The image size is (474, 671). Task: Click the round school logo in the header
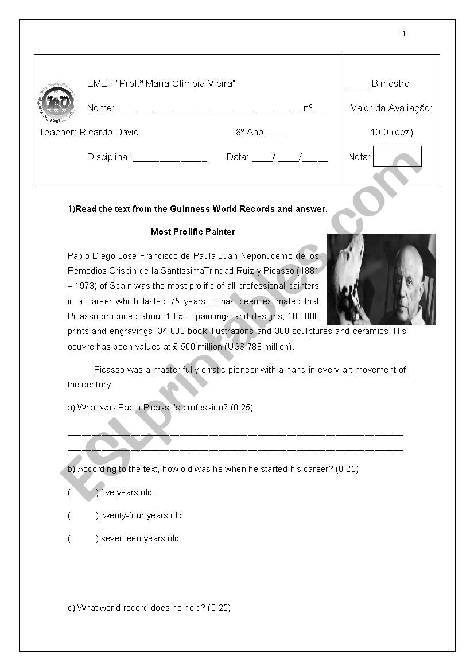coord(57,103)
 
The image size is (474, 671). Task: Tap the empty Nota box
coord(397,157)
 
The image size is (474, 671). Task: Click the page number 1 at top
coord(404,34)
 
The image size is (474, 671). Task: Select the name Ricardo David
coord(109,133)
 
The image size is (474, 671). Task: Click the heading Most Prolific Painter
coord(193,232)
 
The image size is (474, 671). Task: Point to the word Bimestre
coord(390,84)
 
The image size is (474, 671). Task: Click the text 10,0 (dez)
coord(391,133)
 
